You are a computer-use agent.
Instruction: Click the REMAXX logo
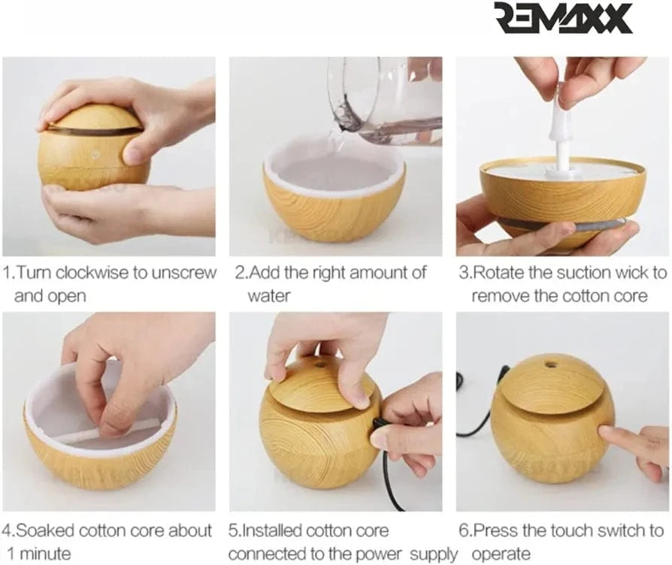[x=564, y=19]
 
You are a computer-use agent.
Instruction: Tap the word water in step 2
[x=269, y=295]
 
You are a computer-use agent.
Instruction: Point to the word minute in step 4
[x=45, y=554]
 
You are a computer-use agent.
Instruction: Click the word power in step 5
[x=377, y=554]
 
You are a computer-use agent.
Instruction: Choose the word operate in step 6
[x=501, y=554]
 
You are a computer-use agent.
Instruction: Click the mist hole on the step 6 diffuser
[x=549, y=364]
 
